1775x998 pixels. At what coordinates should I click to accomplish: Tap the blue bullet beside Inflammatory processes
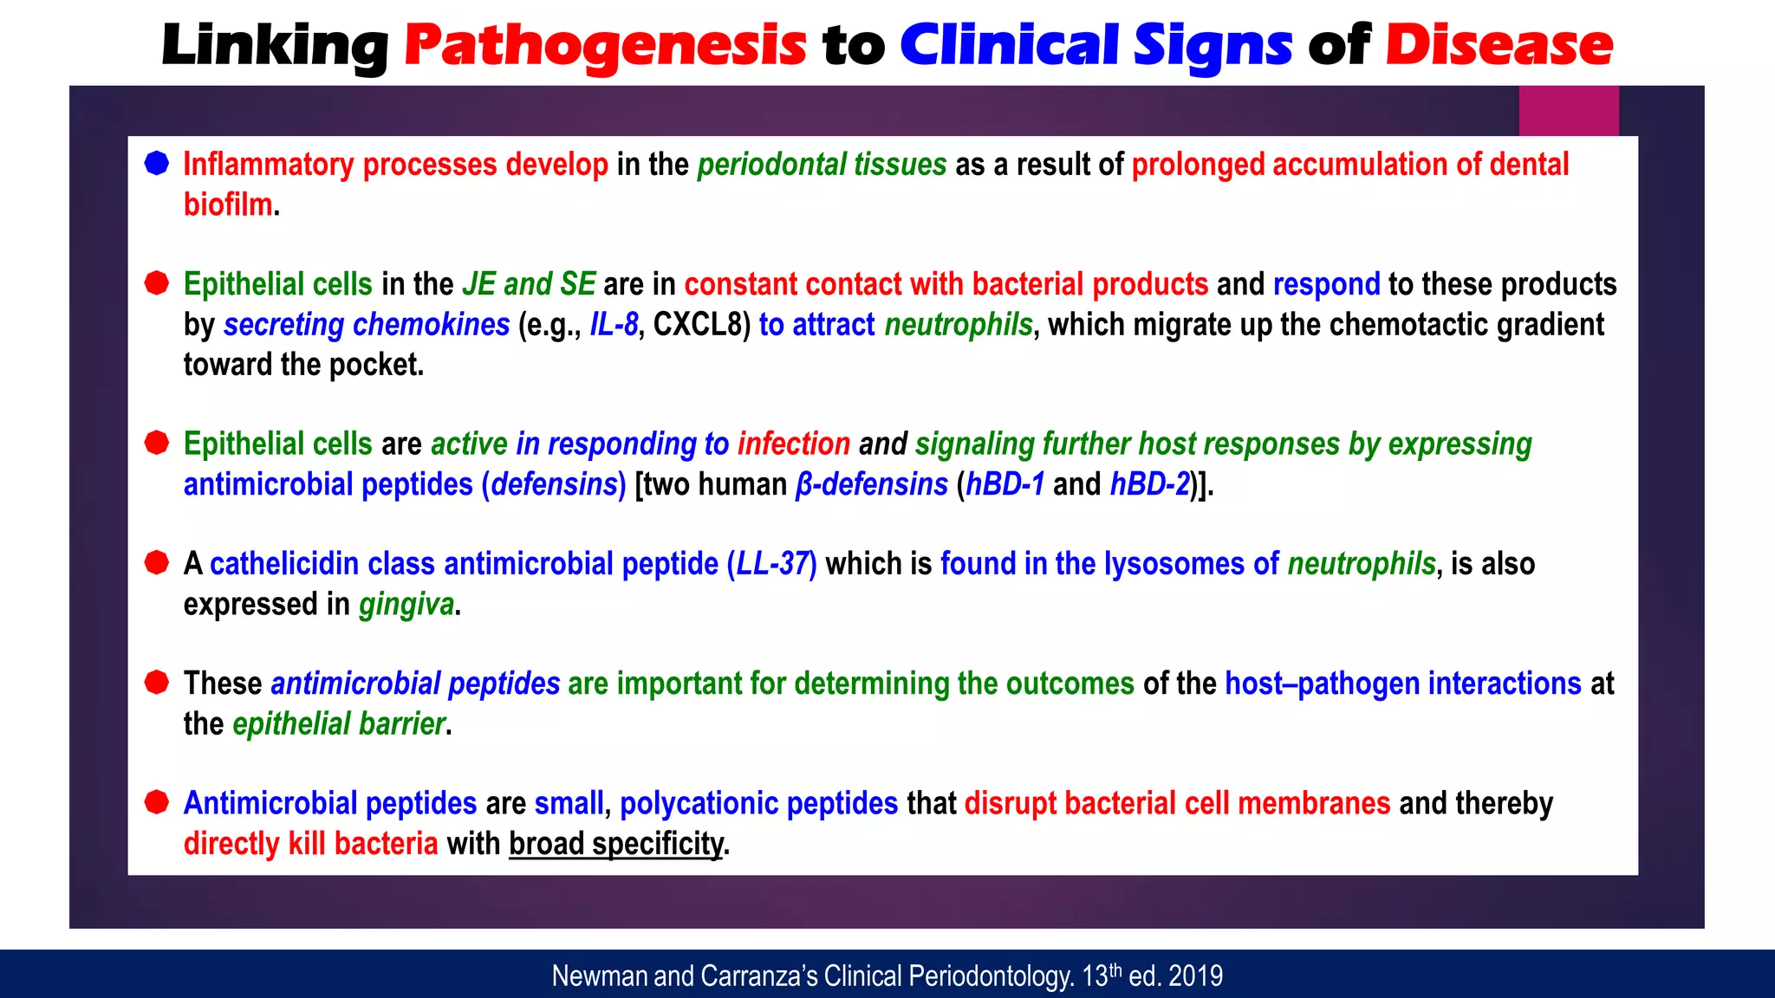pyautogui.click(x=157, y=163)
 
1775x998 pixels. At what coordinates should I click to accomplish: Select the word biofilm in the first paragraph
pyautogui.click(x=228, y=204)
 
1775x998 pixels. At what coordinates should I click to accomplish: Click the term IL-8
pyautogui.click(x=614, y=325)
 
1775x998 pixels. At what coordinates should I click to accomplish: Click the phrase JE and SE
pyautogui.click(x=529, y=284)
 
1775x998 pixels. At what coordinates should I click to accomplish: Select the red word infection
pyautogui.click(x=793, y=444)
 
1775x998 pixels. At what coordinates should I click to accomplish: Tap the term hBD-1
pyautogui.click(x=1005, y=484)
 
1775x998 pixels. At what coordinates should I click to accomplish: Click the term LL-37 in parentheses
pyautogui.click(x=772, y=564)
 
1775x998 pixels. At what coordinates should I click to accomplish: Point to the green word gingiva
pyautogui.click(x=406, y=604)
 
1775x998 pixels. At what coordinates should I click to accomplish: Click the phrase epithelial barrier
pyautogui.click(x=339, y=723)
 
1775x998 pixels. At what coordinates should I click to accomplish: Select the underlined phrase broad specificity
pyautogui.click(x=615, y=844)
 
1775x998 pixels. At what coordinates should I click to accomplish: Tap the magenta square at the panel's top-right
pyautogui.click(x=1568, y=111)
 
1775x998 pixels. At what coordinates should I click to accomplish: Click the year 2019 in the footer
pyautogui.click(x=1195, y=976)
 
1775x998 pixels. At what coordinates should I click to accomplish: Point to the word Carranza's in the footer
pyautogui.click(x=759, y=976)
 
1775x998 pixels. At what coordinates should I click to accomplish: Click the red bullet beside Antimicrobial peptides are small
pyautogui.click(x=157, y=802)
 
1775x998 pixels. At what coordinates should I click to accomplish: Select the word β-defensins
pyautogui.click(x=871, y=484)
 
